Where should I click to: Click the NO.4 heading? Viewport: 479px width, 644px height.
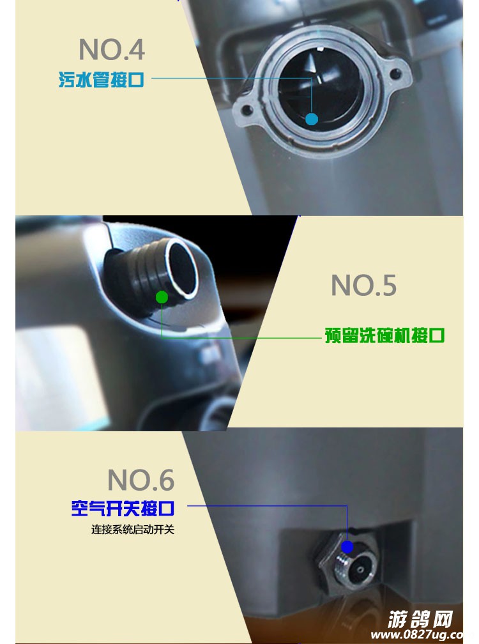coord(112,49)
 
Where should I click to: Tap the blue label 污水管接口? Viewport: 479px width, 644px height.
coord(101,79)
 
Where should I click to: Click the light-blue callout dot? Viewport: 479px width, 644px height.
coord(312,119)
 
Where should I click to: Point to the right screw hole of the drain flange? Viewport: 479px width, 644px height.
coord(395,74)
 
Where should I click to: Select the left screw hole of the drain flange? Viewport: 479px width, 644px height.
coord(247,110)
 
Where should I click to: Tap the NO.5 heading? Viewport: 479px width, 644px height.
coord(363,285)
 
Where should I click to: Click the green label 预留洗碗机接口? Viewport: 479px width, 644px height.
coord(384,335)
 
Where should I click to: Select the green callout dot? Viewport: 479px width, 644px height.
coord(162,297)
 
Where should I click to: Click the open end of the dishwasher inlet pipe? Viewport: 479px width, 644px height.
coord(182,267)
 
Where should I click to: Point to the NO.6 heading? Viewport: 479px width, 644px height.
coord(141,480)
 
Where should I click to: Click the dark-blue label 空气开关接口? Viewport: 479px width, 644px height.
coord(123,508)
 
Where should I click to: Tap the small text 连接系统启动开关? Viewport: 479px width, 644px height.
coord(133,530)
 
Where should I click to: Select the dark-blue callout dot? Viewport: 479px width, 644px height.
coord(347,547)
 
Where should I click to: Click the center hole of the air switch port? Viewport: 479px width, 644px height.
coord(360,570)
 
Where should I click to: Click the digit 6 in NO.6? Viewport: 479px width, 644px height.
coord(166,480)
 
